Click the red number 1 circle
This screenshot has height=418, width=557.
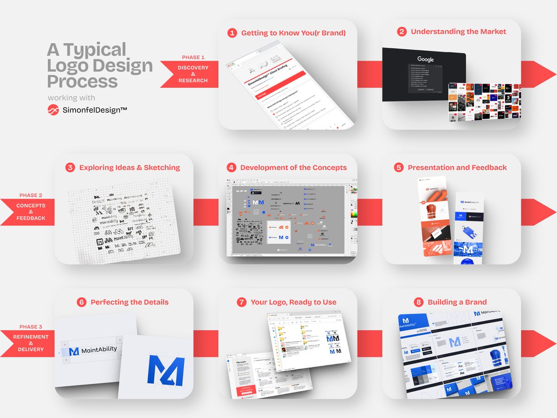(232, 33)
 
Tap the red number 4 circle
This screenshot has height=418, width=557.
(231, 168)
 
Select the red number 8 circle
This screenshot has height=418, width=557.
(419, 302)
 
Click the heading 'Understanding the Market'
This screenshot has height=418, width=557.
(458, 32)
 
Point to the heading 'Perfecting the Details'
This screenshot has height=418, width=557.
(130, 302)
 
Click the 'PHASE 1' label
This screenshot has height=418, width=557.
(193, 57)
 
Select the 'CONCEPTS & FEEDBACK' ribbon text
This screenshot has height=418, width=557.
(31, 212)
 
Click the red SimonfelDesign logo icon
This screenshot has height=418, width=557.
(54, 110)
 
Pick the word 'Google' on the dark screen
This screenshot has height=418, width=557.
(425, 59)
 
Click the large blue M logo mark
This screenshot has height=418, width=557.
(166, 370)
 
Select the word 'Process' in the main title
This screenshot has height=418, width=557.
(82, 81)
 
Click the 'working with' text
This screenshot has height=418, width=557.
(71, 98)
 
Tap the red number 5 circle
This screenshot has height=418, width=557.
(399, 168)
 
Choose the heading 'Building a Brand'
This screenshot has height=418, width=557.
(457, 302)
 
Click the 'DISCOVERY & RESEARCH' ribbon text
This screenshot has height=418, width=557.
(193, 74)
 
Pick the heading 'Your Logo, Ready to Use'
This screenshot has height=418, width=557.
(293, 302)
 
